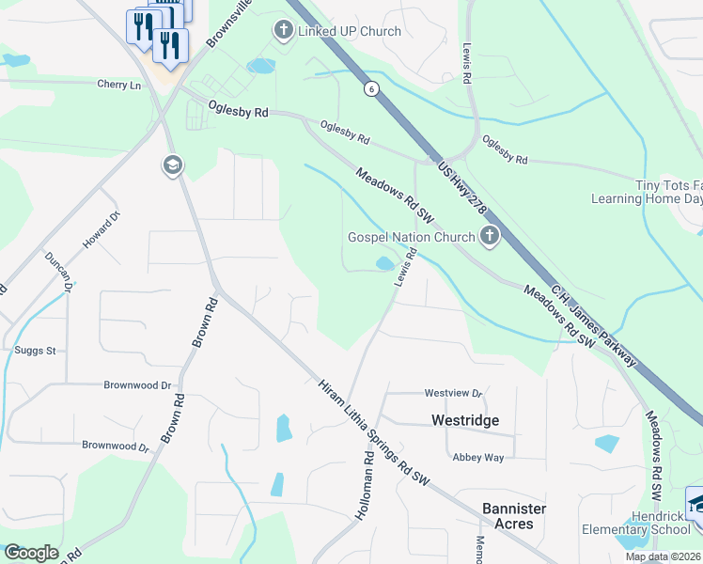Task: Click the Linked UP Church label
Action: click(350, 31)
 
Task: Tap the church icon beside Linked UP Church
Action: click(283, 31)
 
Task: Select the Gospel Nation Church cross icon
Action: click(489, 236)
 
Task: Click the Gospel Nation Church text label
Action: click(412, 237)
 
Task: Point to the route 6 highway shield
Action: click(372, 88)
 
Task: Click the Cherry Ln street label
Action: click(118, 85)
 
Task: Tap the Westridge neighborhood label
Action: click(464, 420)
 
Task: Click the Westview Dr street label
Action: click(453, 393)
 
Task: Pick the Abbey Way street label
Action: click(478, 458)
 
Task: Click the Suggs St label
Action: click(36, 351)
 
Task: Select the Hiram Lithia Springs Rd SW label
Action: click(373, 433)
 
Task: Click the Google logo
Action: click(31, 553)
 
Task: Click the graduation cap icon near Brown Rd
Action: click(172, 166)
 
